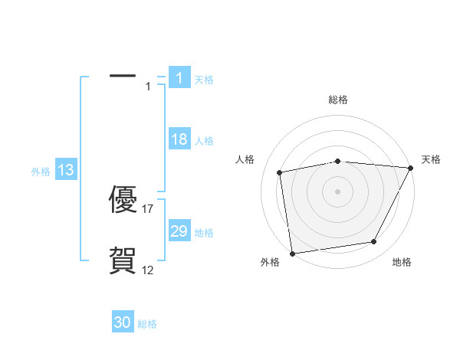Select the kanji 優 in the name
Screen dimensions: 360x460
123,201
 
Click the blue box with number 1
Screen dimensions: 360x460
179,77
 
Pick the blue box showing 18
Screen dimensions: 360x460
179,139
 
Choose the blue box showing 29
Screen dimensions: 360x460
179,231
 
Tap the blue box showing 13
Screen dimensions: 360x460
66,170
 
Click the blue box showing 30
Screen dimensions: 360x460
123,322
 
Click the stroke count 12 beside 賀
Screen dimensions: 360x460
148,270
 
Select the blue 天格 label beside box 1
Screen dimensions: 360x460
204,79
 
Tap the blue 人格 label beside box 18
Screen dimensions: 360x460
204,141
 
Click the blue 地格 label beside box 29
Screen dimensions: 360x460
204,233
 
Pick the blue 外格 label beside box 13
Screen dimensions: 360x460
41,172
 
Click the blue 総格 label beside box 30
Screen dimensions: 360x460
147,324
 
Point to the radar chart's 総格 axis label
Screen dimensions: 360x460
337,100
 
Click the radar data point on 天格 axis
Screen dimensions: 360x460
410,168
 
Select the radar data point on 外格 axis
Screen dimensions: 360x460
292,253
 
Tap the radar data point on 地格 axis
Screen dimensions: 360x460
374,242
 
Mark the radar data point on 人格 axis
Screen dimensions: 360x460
280,172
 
